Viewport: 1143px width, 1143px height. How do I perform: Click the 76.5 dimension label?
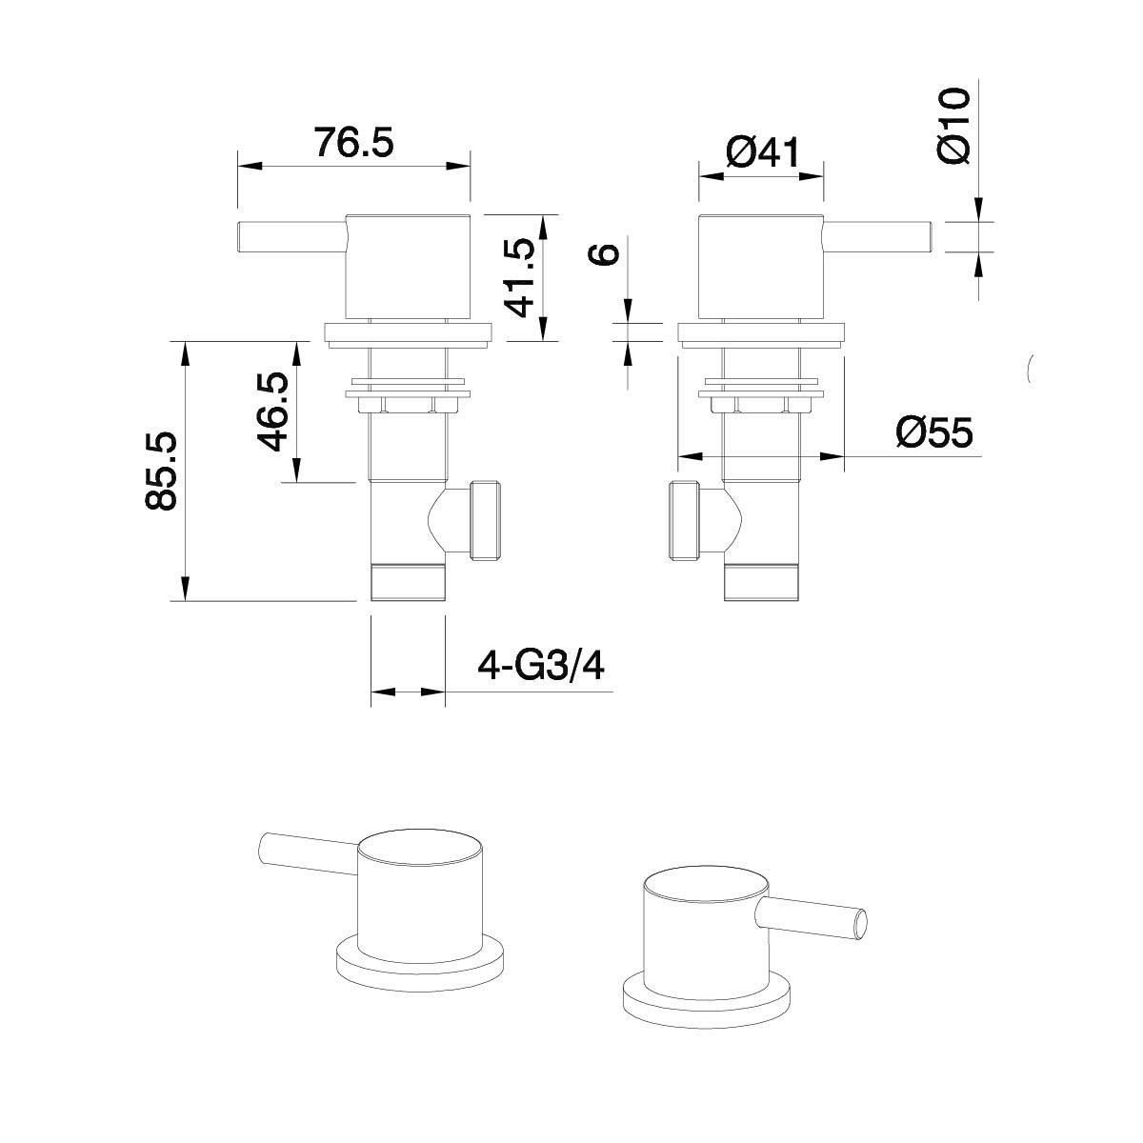pos(352,143)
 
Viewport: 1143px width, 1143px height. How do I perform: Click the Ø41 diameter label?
pos(761,152)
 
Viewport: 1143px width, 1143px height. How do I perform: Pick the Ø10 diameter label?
pos(953,125)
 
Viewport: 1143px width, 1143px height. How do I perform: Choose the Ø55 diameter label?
pos(934,433)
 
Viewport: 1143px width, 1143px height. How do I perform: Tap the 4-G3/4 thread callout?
pos(541,665)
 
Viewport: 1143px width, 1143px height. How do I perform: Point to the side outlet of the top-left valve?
pos(486,519)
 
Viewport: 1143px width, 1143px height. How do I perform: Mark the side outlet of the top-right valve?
pos(686,522)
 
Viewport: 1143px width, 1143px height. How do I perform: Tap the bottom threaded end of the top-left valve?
pos(407,583)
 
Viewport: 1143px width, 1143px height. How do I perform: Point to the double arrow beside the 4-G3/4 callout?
pos(407,692)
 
